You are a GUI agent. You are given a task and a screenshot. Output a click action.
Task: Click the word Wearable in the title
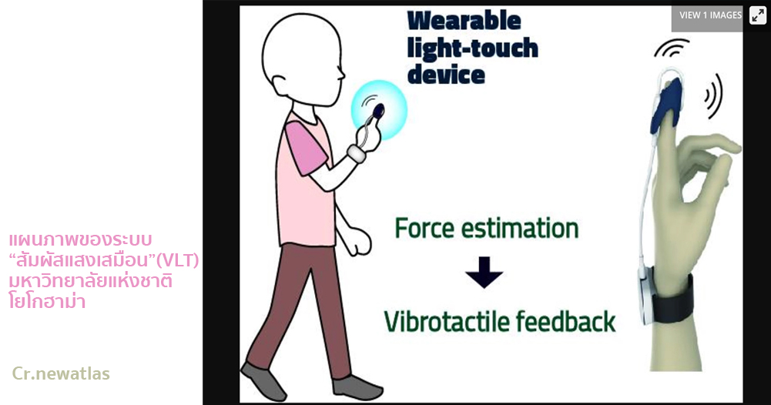[x=464, y=21]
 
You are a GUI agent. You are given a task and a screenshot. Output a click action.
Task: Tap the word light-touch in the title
[x=472, y=49]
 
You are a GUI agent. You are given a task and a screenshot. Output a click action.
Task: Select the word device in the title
[x=446, y=75]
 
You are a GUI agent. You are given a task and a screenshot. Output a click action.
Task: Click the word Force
[x=424, y=228]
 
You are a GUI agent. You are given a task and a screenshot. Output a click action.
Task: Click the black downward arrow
[x=484, y=272]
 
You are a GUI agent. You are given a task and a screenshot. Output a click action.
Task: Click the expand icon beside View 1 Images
[x=758, y=15]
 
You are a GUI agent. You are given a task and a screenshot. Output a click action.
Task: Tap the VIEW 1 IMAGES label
[x=710, y=15]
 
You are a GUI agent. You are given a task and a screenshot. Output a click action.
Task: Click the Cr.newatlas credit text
[x=61, y=373]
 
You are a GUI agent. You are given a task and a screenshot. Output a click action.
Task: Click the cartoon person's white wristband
[x=357, y=153]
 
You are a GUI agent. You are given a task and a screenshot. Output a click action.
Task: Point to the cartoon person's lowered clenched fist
[x=359, y=243]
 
